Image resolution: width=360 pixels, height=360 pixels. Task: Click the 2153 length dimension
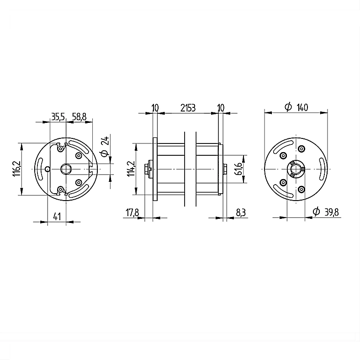188,108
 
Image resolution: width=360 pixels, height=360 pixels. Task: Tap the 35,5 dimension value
58,117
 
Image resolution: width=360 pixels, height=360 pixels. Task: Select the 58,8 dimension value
79,117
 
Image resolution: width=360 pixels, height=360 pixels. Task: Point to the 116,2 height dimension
16,169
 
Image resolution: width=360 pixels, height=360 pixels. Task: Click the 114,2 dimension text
131,169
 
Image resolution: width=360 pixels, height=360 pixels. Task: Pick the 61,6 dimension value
239,169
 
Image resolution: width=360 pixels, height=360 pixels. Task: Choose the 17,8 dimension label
132,212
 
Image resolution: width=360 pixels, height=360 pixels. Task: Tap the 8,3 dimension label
241,212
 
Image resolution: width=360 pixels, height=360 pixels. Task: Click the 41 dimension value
57,216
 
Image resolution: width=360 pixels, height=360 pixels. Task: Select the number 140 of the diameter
302,107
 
